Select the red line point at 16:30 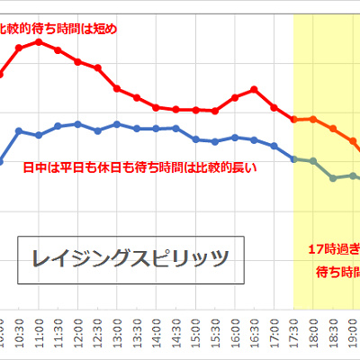255,88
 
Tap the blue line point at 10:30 19,130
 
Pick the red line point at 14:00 157,107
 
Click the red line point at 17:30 294,119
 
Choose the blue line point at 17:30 294,158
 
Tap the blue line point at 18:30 333,177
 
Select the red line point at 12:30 97,68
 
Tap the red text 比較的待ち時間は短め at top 58,29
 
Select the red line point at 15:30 215,111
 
